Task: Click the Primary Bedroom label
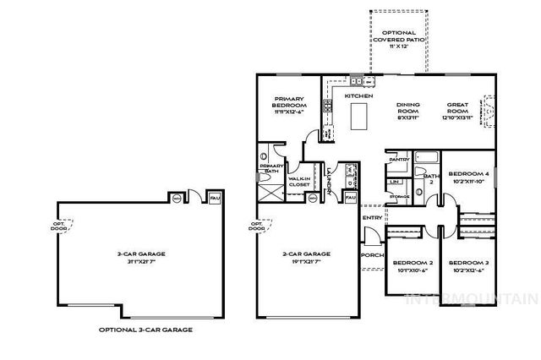point(289,105)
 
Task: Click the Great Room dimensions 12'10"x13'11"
point(457,118)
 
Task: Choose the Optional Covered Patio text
point(396,38)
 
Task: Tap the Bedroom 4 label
point(467,173)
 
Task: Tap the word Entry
point(372,218)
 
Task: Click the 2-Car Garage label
point(307,253)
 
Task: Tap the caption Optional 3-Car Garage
point(145,329)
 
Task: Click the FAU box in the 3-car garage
point(214,198)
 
